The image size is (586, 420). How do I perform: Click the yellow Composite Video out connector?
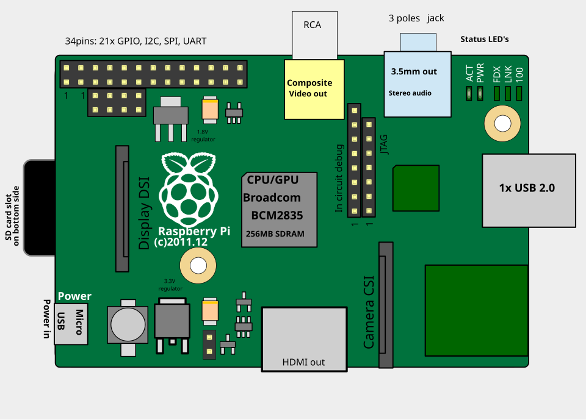pyautogui.click(x=314, y=90)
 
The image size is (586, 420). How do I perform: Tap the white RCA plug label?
pyautogui.click(x=315, y=35)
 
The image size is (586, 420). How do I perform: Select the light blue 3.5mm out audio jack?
pyautogui.click(x=418, y=84)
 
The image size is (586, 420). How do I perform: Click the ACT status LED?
pyautogui.click(x=469, y=94)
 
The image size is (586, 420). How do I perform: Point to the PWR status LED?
pyautogui.click(x=480, y=94)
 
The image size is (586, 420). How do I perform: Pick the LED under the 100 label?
pyautogui.click(x=519, y=94)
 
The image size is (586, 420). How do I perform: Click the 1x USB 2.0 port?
pyautogui.click(x=529, y=190)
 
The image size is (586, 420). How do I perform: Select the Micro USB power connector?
pyautogui.click(x=71, y=324)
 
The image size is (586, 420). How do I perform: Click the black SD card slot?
pyautogui.click(x=40, y=208)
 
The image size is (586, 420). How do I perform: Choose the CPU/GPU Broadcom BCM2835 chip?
pyautogui.click(x=279, y=210)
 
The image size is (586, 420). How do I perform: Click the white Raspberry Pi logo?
pyautogui.click(x=189, y=190)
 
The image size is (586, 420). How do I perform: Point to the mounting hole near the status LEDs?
pyautogui.click(x=502, y=124)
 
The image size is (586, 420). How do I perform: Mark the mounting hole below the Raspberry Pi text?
pyautogui.click(x=198, y=266)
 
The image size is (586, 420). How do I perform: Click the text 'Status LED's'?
pyautogui.click(x=484, y=39)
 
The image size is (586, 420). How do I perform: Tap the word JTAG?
pyautogui.click(x=384, y=144)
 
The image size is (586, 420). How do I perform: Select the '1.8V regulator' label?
pyautogui.click(x=203, y=135)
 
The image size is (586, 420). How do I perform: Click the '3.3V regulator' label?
pyautogui.click(x=170, y=285)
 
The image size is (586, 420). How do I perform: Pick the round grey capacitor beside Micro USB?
pyautogui.click(x=128, y=324)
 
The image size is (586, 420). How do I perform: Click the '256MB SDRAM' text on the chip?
pyautogui.click(x=275, y=234)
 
